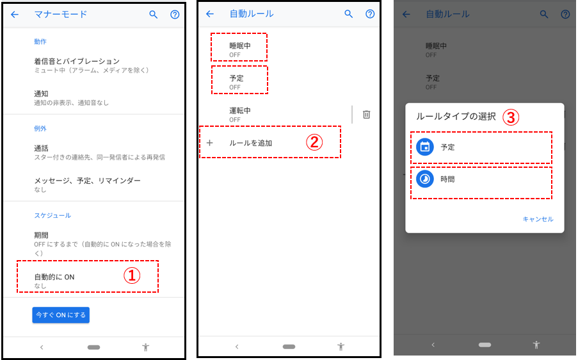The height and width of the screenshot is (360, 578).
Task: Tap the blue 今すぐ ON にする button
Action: tap(61, 315)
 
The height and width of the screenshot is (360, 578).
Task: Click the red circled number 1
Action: tap(132, 275)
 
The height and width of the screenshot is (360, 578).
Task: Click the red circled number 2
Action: tap(314, 142)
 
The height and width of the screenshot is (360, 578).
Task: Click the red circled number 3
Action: tap(511, 117)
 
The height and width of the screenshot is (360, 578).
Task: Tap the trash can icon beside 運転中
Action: tap(366, 115)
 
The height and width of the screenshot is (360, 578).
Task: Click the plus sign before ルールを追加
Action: tap(210, 143)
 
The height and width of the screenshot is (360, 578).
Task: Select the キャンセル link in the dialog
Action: tap(538, 219)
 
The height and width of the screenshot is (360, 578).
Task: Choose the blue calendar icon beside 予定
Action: tap(425, 147)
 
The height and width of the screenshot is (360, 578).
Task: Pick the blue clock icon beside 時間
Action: tap(425, 179)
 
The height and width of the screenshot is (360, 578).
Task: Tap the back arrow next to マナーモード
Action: tap(15, 14)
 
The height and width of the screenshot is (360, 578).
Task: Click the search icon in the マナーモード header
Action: tap(154, 14)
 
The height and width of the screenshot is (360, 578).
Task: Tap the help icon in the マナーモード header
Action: tap(175, 14)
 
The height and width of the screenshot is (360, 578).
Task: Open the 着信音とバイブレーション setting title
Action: tap(77, 61)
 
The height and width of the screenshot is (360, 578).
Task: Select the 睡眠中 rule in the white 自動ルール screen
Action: tap(240, 45)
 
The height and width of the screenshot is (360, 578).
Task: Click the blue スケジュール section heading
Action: tap(52, 215)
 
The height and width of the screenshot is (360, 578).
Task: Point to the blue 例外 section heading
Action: tap(40, 128)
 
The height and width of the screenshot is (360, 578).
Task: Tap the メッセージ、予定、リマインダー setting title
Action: tap(87, 181)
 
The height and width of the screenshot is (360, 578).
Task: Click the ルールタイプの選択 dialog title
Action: tap(456, 117)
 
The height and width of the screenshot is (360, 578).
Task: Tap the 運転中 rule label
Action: tap(240, 110)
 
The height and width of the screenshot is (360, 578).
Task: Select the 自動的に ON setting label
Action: tap(54, 277)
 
